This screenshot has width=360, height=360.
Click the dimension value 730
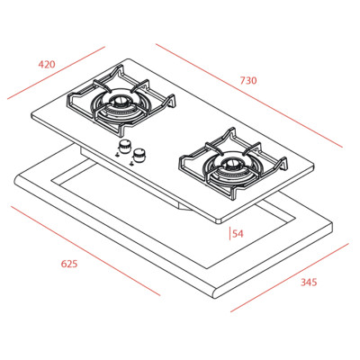click(248, 81)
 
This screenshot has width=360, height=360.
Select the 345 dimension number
click(309, 282)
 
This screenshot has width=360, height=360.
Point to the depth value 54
click(238, 234)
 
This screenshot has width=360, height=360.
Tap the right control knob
click(139, 157)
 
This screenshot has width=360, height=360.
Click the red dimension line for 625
click(85, 250)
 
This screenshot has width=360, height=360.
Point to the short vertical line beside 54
click(229, 234)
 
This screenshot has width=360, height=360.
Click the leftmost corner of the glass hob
click(31, 114)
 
